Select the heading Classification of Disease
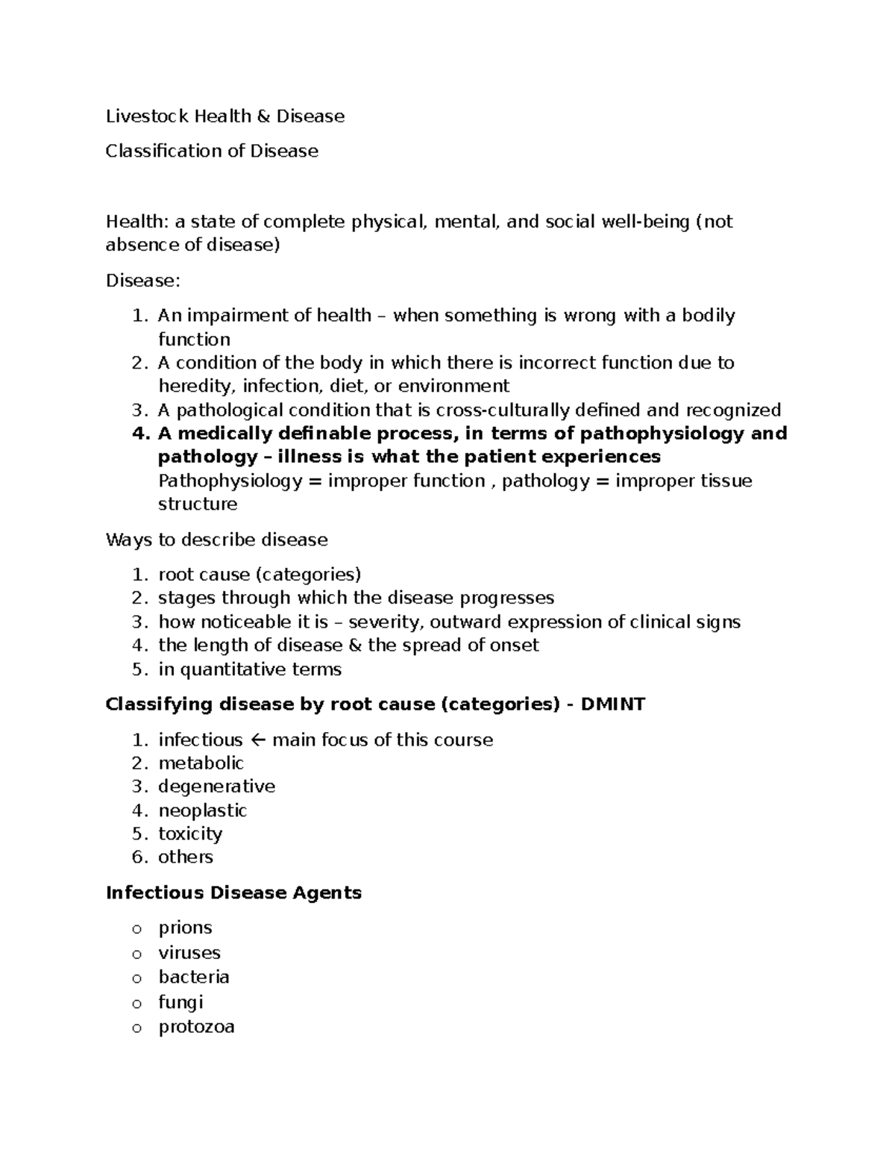point(212,151)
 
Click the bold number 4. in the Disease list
point(141,434)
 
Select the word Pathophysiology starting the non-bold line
point(230,481)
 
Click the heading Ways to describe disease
point(216,540)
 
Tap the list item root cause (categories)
point(259,575)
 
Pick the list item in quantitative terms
point(249,669)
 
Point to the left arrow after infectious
point(257,740)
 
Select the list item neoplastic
point(202,810)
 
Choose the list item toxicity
point(190,834)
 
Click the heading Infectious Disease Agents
point(233,893)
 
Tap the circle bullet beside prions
point(136,929)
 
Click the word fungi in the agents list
point(180,1002)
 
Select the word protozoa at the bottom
point(196,1027)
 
